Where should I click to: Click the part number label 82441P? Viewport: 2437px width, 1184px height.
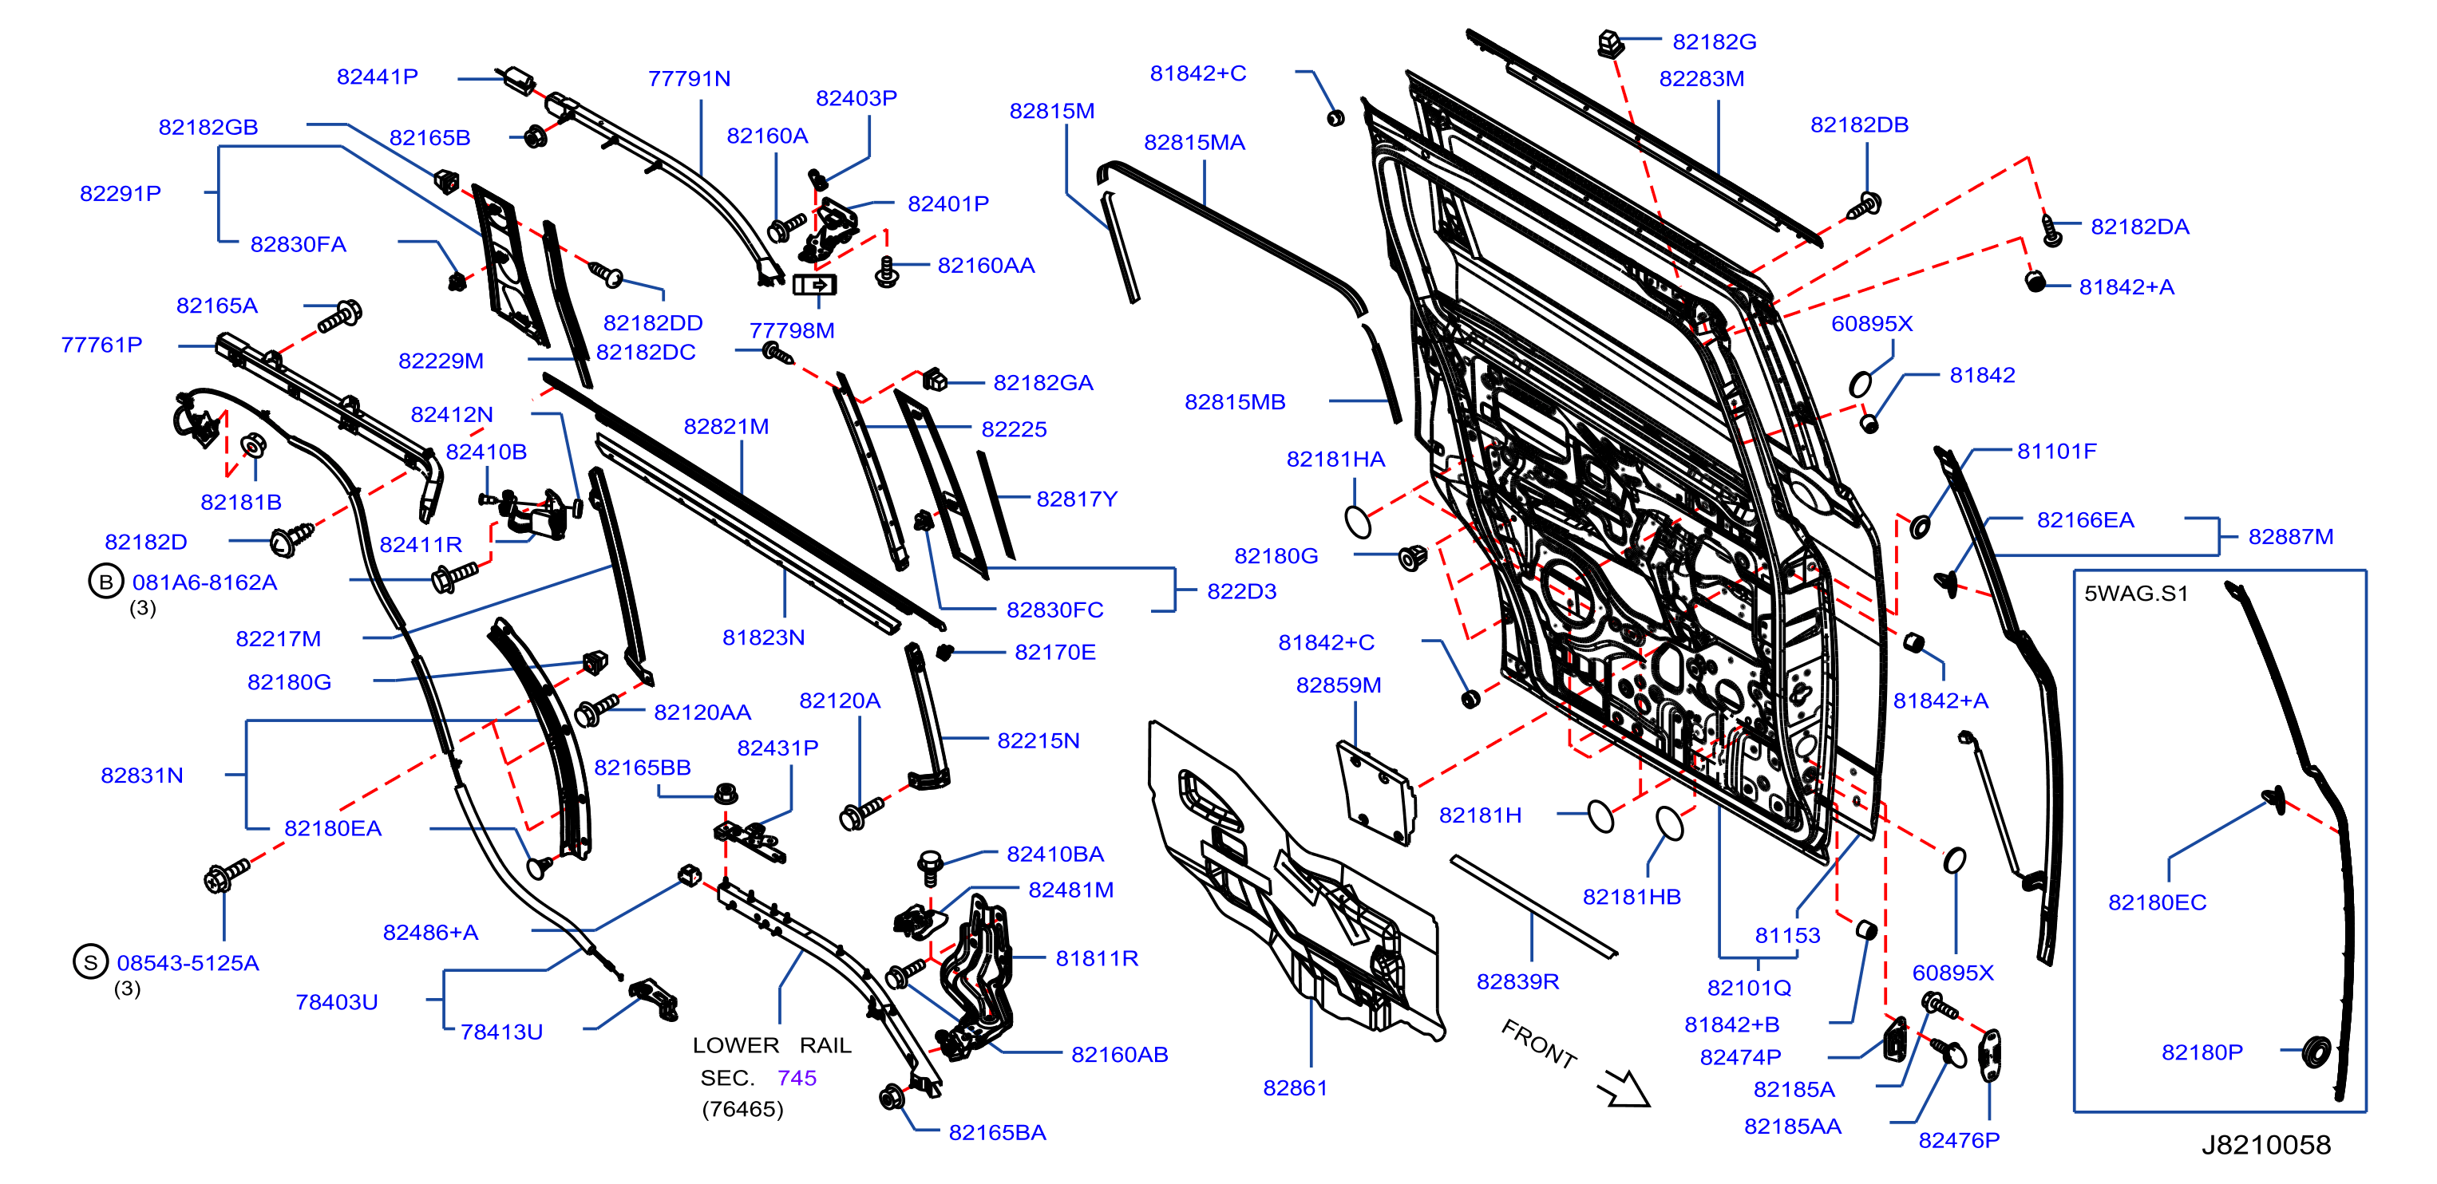coord(377,77)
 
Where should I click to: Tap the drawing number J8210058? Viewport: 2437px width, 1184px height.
coord(2265,1144)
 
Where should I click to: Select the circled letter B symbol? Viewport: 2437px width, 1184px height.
coord(106,582)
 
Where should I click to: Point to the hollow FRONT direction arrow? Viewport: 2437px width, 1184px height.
coord(1624,1087)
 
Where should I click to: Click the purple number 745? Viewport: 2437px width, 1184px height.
coord(797,1077)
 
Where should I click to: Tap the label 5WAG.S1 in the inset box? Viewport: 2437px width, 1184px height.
coord(2136,593)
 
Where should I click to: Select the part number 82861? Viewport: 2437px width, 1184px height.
coord(1295,1087)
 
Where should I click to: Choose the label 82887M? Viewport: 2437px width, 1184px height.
coord(2290,536)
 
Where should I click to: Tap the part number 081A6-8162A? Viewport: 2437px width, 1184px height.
coord(204,582)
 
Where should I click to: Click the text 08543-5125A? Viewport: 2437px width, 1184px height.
coord(188,963)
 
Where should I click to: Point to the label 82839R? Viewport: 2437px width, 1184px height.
coord(1517,981)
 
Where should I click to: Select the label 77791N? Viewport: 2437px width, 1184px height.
coord(689,78)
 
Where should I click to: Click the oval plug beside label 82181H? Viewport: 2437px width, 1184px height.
coord(1600,816)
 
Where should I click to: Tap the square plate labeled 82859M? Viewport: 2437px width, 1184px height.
coord(1376,792)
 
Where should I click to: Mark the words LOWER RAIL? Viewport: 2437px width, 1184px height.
coord(772,1045)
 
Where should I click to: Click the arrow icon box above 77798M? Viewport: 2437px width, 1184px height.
coord(813,284)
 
